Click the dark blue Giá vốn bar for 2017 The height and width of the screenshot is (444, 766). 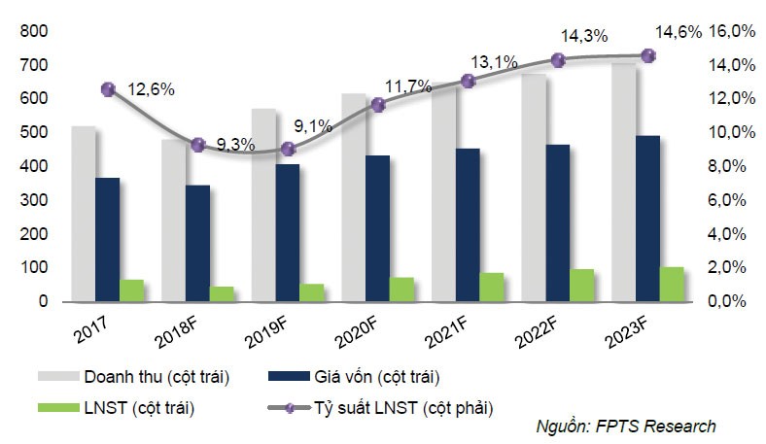[107, 239]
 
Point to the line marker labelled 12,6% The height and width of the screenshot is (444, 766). [108, 89]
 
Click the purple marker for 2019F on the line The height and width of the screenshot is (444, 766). [288, 149]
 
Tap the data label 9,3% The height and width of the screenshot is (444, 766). [236, 145]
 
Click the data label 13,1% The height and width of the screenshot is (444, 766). [495, 61]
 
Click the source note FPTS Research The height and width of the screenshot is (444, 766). [626, 427]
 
